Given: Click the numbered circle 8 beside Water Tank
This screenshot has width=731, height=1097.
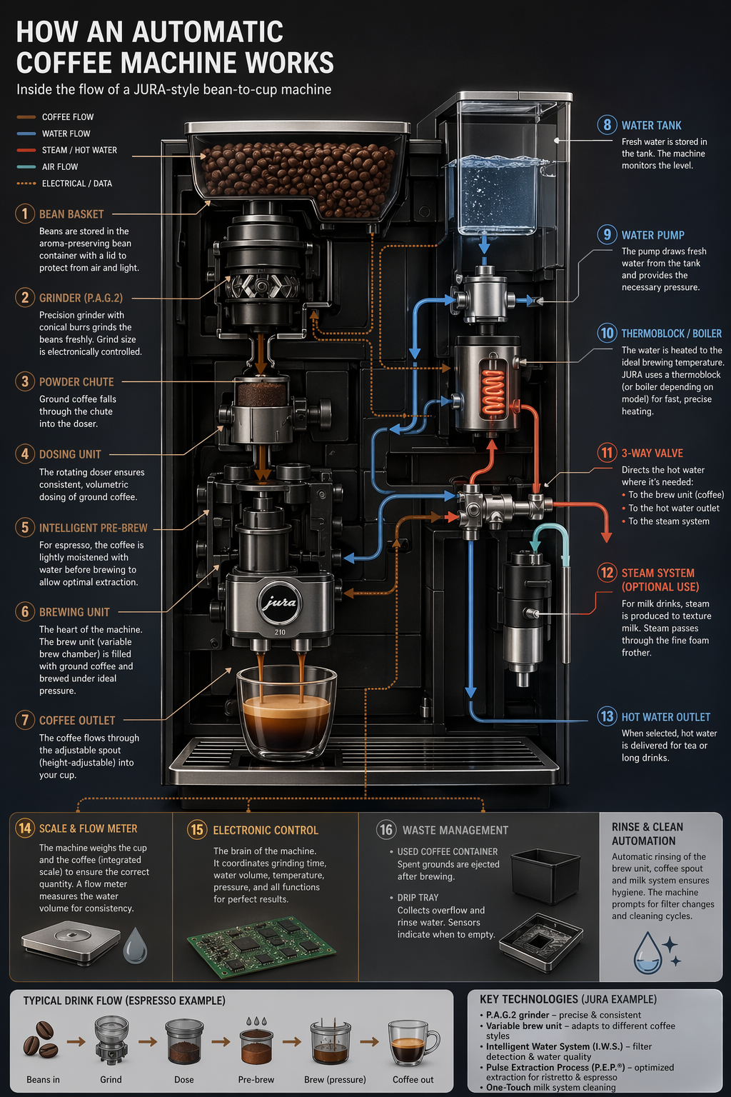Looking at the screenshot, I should pyautogui.click(x=607, y=125).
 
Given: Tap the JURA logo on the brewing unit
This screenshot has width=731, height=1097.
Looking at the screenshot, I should pyautogui.click(x=279, y=603).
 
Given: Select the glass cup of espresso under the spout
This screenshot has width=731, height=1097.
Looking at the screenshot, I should pyautogui.click(x=286, y=714).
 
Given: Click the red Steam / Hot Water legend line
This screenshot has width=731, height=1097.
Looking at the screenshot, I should pyautogui.click(x=26, y=150).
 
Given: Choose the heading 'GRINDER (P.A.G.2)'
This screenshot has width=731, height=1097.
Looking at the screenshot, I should pyautogui.click(x=81, y=298).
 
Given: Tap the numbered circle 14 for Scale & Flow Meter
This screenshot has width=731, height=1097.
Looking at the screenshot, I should pyautogui.click(x=25, y=828).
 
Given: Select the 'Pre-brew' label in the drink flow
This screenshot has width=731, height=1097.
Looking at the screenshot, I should pyautogui.click(x=256, y=1079).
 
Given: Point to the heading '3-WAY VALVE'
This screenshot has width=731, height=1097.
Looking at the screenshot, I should pyautogui.click(x=652, y=453).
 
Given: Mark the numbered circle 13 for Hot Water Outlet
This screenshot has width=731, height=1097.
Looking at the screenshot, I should pyautogui.click(x=607, y=716).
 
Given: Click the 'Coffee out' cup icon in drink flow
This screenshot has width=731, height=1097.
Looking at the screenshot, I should pyautogui.click(x=413, y=1043).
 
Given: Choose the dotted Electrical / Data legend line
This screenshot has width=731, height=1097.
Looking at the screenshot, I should pyautogui.click(x=26, y=184).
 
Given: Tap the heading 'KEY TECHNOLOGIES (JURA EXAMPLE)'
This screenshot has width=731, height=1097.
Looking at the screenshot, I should pyautogui.click(x=568, y=999).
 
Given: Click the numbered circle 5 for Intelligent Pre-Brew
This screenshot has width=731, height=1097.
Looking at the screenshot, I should pyautogui.click(x=25, y=528).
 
